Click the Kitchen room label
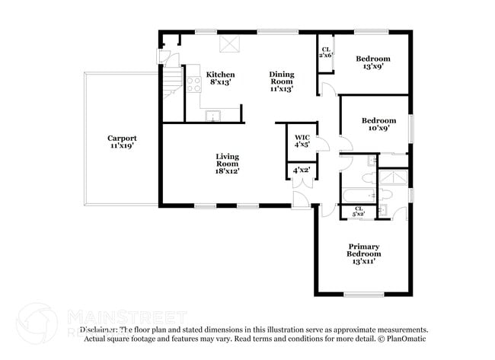click(221, 78)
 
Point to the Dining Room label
click(281, 81)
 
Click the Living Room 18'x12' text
click(227, 164)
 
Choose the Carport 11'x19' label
click(122, 142)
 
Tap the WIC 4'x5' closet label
click(302, 141)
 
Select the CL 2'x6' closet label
click(325, 52)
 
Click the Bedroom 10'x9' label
click(378, 124)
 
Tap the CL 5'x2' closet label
click(358, 212)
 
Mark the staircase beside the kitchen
click(173, 81)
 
